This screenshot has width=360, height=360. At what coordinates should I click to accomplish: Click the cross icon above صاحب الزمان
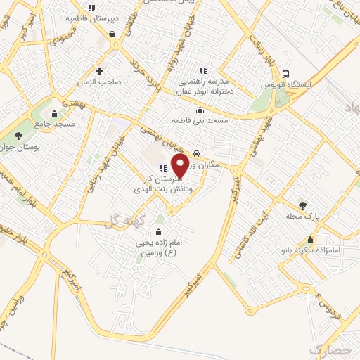point(99,71)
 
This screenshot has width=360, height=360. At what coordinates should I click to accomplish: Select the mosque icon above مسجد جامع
point(55,113)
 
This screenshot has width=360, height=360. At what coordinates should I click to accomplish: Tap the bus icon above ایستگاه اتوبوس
point(285,74)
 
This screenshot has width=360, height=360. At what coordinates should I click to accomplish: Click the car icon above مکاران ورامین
point(197,152)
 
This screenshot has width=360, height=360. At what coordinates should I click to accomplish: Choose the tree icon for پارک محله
point(303,205)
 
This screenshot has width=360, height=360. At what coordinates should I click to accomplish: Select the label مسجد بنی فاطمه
point(201,121)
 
